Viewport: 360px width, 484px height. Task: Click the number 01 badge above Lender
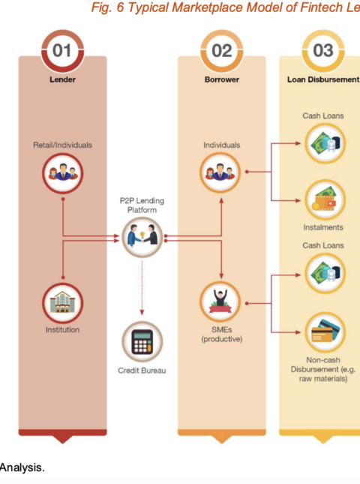pos(62,51)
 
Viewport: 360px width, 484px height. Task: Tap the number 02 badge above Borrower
pos(222,51)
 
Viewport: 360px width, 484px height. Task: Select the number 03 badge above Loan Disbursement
pos(323,51)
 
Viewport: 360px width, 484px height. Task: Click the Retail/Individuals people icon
pos(62,173)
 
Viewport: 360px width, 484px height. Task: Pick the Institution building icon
pos(62,303)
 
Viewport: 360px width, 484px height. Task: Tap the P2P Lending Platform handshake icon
pos(142,237)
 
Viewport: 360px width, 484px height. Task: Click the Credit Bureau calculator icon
pos(142,341)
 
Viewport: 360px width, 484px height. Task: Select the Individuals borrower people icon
pos(220,173)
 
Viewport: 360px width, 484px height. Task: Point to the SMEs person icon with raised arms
pos(220,302)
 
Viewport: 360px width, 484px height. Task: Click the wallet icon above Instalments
pos(325,200)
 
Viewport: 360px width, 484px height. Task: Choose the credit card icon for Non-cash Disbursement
pos(325,332)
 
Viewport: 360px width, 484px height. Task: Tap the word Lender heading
pos(62,80)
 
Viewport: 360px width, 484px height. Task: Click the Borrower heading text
pos(222,80)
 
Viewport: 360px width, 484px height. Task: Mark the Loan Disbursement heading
pos(323,80)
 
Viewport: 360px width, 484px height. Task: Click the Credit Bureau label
pos(142,371)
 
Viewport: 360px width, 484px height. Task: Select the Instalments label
pos(323,227)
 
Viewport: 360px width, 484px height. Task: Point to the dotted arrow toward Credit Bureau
pos(142,288)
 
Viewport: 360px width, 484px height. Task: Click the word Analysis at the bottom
pos(22,468)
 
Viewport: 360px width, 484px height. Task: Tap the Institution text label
pos(62,329)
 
